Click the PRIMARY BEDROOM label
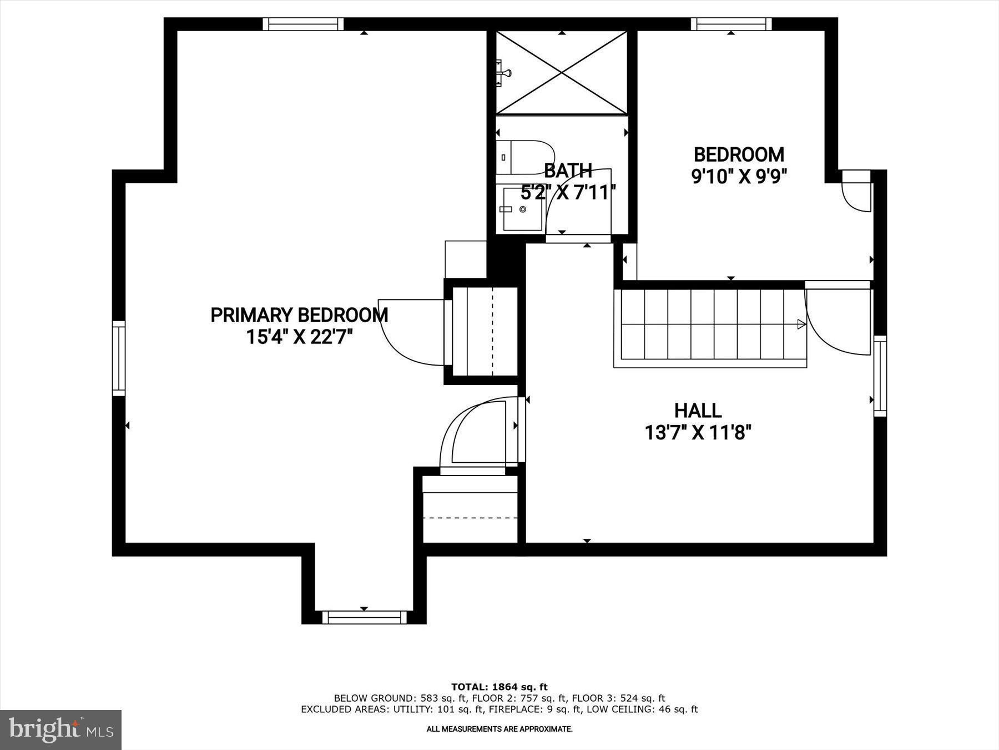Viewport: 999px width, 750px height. [299, 315]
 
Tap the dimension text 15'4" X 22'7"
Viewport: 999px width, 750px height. [300, 337]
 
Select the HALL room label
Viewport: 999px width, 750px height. [698, 411]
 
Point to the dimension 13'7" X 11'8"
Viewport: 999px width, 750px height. [698, 432]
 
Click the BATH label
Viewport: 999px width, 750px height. [568, 171]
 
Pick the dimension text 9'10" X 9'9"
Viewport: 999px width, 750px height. [739, 176]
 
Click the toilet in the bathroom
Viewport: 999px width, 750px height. [524, 157]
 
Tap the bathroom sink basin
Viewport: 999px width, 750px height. [522, 209]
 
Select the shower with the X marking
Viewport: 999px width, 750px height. [562, 73]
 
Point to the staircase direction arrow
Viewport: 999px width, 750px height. [801, 324]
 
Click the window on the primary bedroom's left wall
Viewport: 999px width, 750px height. [119, 358]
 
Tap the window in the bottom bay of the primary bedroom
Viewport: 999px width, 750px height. [364, 617]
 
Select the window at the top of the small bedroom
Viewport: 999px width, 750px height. [731, 24]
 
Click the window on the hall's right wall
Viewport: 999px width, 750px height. [880, 376]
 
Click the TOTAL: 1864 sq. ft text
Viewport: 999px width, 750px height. [499, 687]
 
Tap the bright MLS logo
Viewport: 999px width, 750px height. [60, 729]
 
